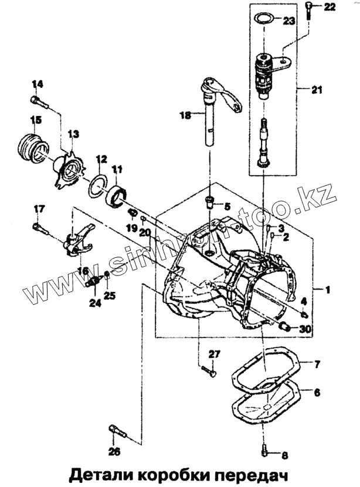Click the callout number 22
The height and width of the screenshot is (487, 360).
point(330,6)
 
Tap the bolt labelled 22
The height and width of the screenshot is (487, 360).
point(309,8)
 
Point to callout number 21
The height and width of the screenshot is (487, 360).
point(317,90)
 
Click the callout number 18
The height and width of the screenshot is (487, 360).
point(185,116)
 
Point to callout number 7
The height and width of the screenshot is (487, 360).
point(316,365)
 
